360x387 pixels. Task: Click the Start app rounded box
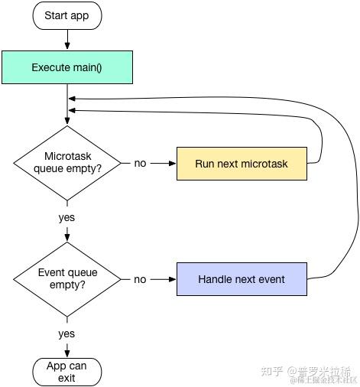pyautogui.click(x=67, y=15)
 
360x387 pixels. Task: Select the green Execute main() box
pyautogui.click(x=67, y=67)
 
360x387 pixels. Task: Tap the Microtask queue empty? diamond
pyautogui.click(x=67, y=163)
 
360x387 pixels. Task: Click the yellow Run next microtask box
pyautogui.click(x=242, y=164)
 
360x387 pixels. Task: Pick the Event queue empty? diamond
pyautogui.click(x=67, y=279)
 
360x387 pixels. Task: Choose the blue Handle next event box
pyautogui.click(x=242, y=279)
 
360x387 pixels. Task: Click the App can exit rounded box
pyautogui.click(x=67, y=372)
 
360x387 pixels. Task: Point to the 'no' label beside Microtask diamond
pyautogui.click(x=140, y=164)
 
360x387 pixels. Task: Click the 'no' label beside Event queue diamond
pyautogui.click(x=140, y=279)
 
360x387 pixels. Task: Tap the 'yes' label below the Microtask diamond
pyautogui.click(x=67, y=218)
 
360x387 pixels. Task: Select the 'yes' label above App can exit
pyautogui.click(x=67, y=333)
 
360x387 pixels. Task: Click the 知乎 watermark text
pyautogui.click(x=273, y=371)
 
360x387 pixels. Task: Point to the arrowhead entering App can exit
pyautogui.click(x=67, y=353)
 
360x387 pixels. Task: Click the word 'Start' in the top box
pyautogui.click(x=57, y=15)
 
